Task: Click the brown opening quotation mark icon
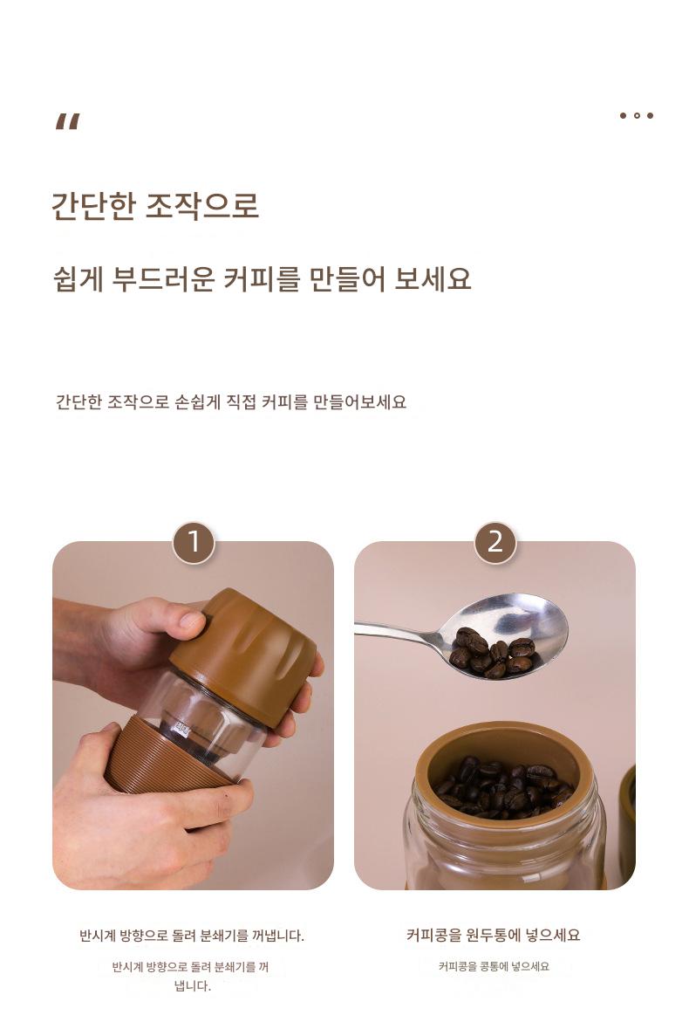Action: [68, 121]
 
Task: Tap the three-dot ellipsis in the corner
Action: [637, 115]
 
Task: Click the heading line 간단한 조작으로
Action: [155, 205]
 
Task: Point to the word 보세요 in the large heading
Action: [433, 279]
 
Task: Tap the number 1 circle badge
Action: [194, 542]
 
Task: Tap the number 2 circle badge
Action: [495, 542]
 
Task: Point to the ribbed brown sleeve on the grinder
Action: [163, 759]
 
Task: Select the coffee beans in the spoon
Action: [493, 652]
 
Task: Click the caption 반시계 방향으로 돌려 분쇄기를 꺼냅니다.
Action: [192, 936]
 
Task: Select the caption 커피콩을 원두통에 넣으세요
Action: [493, 936]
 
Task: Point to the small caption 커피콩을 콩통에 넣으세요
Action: [494, 967]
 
